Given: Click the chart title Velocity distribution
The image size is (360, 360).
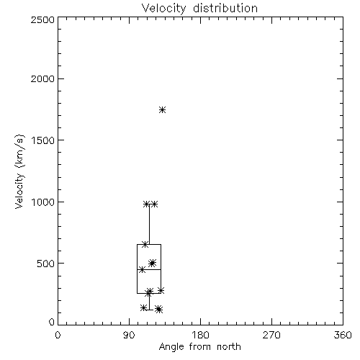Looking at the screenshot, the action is [x=199, y=9].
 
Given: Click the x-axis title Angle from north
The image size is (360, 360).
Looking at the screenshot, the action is [x=199, y=347].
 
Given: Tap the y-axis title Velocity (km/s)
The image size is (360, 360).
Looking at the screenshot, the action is [x=19, y=171].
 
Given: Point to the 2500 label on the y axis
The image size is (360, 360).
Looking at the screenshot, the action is [x=42, y=19].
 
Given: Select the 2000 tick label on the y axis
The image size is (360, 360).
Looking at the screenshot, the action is [x=42, y=78].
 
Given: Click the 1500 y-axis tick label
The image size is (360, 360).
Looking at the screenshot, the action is [x=43, y=140].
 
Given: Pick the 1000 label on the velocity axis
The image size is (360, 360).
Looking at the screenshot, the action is [x=43, y=202].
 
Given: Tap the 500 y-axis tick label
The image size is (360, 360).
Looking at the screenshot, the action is [x=46, y=264].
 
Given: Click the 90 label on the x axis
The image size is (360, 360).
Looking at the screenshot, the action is [x=129, y=335].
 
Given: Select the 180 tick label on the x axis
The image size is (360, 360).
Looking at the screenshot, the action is [x=200, y=335].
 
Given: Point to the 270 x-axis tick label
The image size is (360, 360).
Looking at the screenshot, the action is [x=271, y=335].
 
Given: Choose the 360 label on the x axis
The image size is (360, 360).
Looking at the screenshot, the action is [x=343, y=335].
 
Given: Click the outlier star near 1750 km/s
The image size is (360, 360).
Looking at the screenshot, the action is [x=163, y=110].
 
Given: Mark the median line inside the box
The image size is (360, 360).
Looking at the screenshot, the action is [x=149, y=269].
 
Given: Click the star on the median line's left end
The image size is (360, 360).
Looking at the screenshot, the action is [x=142, y=270].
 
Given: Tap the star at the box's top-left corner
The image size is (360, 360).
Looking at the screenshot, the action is [x=145, y=245].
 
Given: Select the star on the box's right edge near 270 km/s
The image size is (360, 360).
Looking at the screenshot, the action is [x=161, y=290].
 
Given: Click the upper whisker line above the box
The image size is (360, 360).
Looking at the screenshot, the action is [x=149, y=224].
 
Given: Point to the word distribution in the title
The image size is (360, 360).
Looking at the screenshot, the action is [x=225, y=9].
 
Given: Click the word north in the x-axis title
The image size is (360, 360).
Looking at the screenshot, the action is [x=229, y=347].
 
